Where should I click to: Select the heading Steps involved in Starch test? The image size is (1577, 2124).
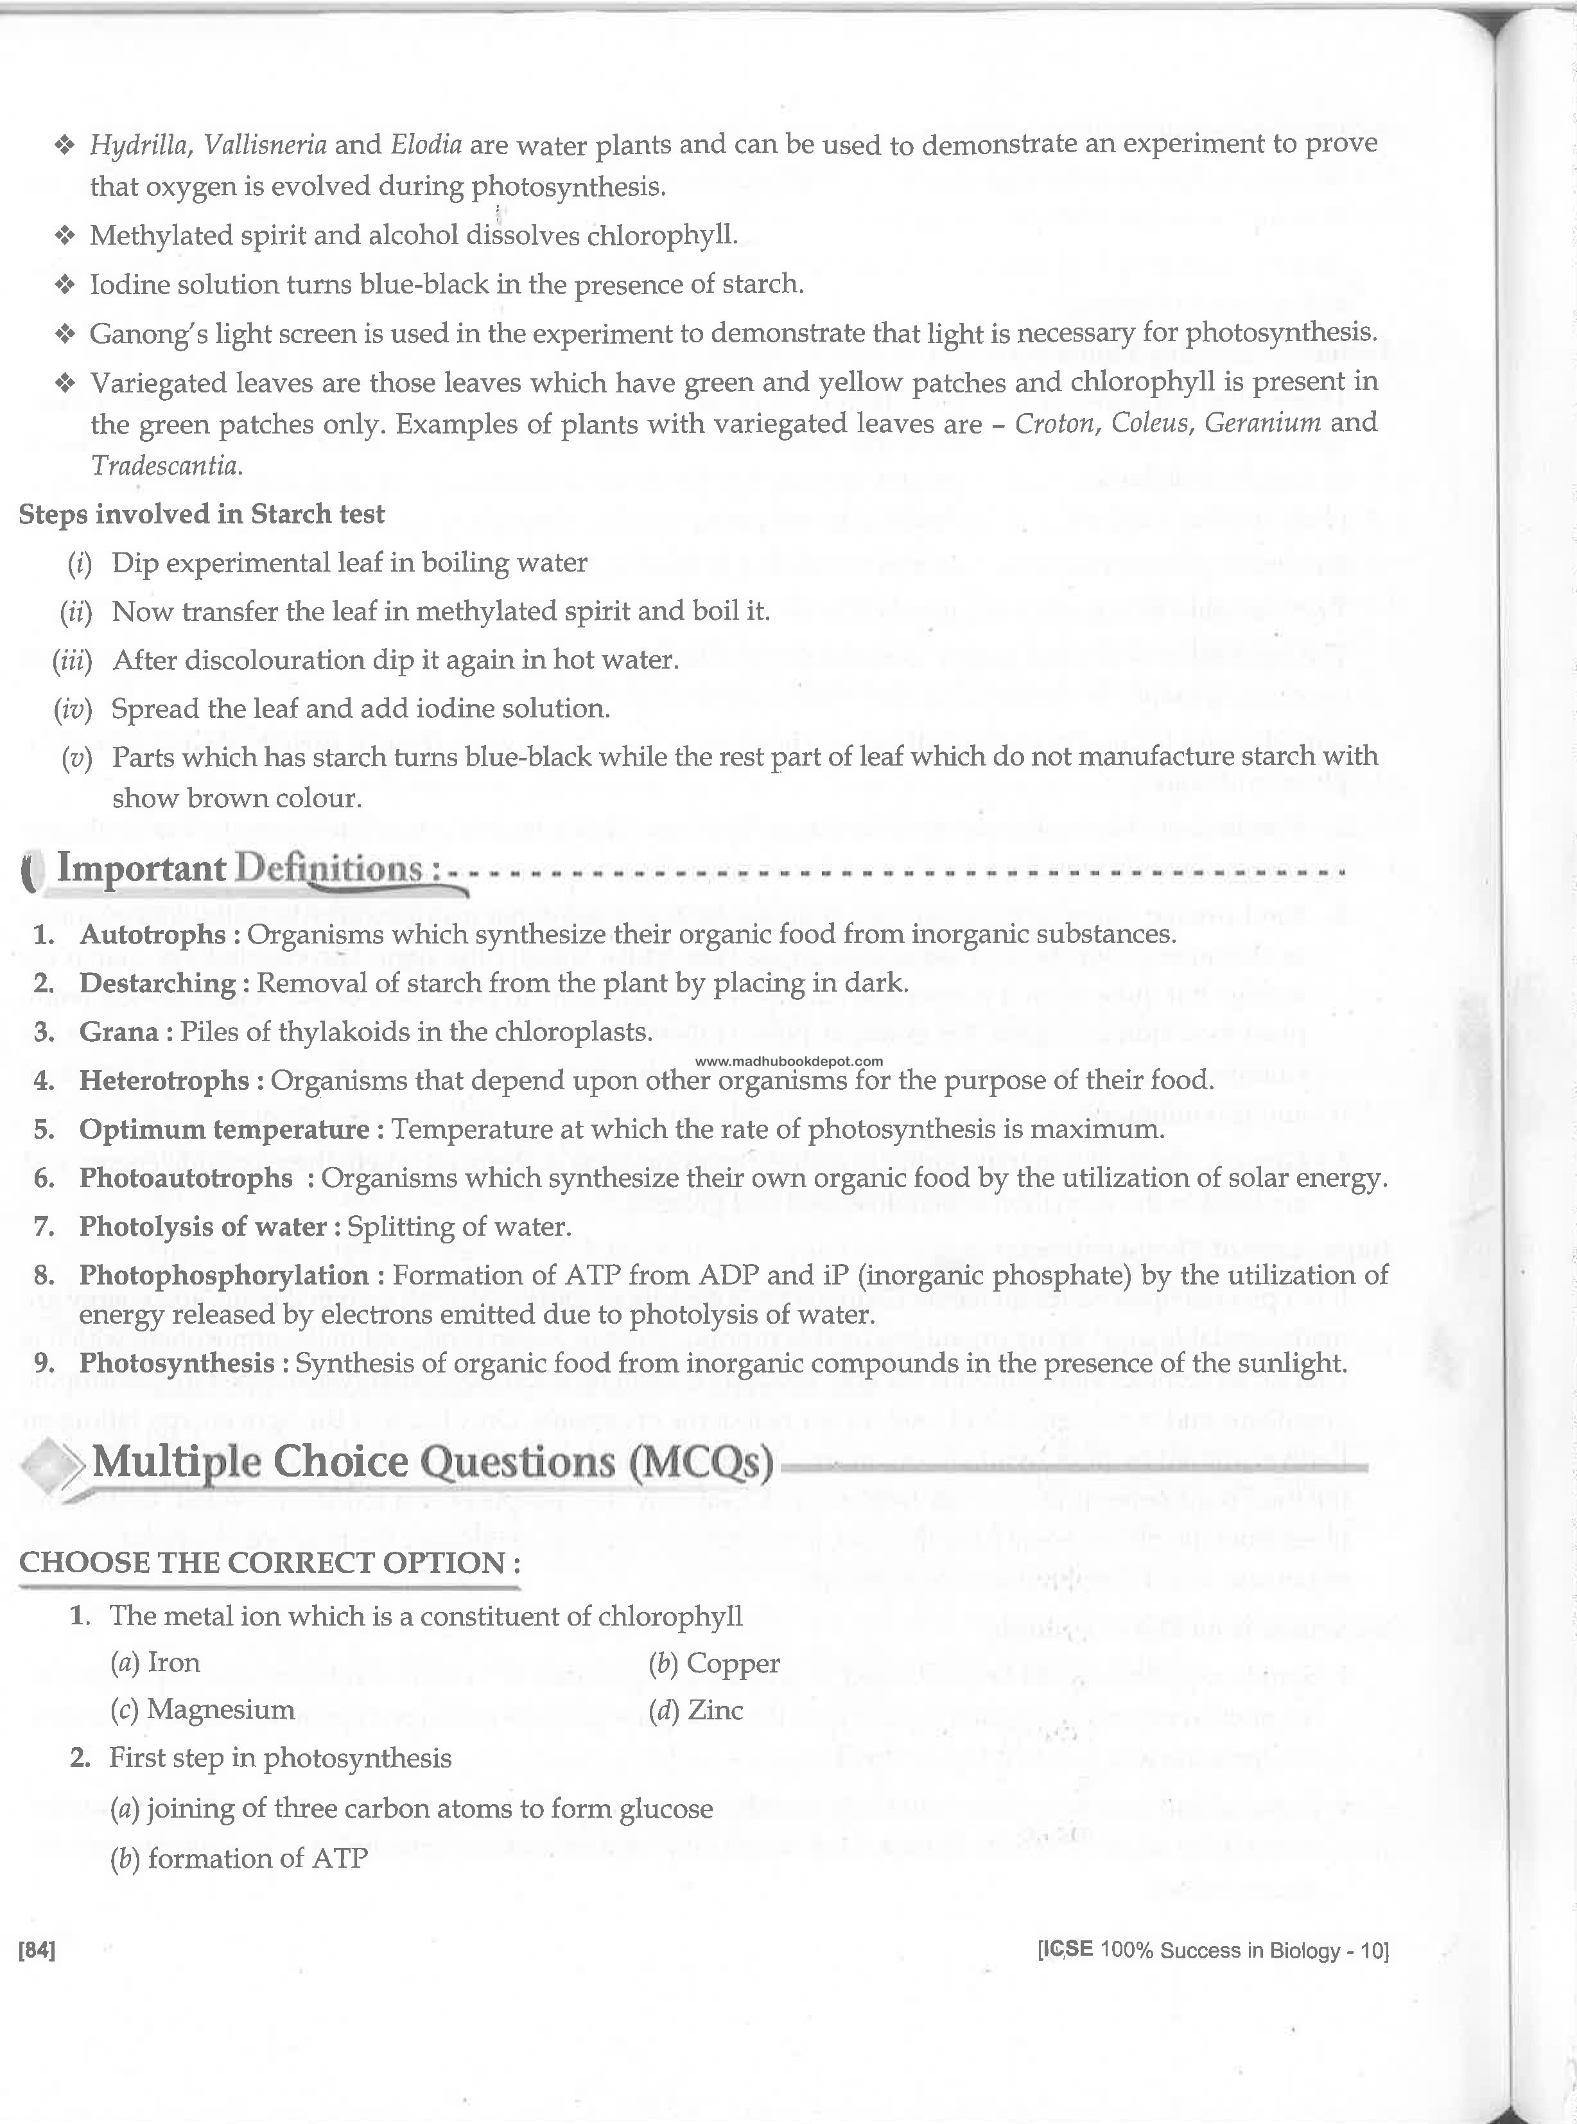202,514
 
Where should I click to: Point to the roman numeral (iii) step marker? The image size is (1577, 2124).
73,661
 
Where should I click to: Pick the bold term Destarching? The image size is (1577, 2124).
157,983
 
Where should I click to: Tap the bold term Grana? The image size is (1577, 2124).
118,1032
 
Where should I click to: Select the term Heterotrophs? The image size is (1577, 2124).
164,1080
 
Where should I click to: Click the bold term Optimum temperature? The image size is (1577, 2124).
223,1129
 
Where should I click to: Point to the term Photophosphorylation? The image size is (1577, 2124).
223,1276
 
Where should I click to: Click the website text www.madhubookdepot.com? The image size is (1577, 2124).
788,1060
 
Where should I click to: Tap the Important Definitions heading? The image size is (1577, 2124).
239,869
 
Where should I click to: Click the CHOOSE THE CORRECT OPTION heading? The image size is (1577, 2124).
270,1563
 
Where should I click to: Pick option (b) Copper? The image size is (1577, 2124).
714,1663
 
